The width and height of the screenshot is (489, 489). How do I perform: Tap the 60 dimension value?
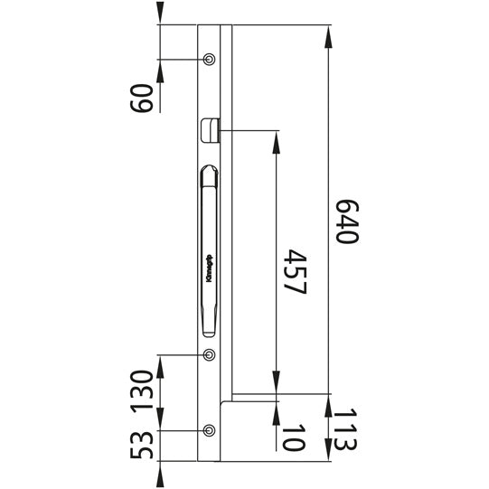[x=141, y=94]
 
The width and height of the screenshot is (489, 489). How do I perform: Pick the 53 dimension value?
[x=141, y=445]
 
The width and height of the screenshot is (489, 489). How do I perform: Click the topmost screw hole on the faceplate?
[x=210, y=60]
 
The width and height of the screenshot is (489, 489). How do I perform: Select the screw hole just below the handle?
[x=210, y=355]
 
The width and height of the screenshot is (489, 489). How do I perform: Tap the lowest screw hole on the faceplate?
[x=210, y=429]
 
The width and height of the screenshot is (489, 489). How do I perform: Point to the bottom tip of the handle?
[x=209, y=332]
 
